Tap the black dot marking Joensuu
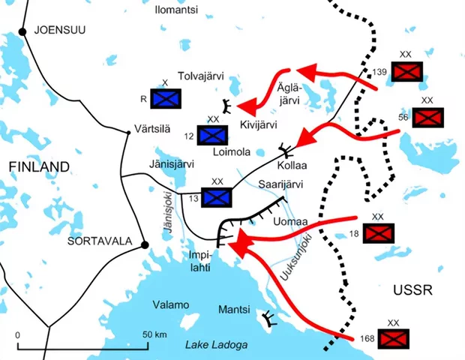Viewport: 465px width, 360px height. point(23,31)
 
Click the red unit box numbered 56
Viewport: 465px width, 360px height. point(428,117)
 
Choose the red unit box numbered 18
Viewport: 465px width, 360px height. point(378,233)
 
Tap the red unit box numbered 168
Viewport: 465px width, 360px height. point(394,338)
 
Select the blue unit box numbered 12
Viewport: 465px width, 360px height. point(214,134)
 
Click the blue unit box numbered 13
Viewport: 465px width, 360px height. point(217,196)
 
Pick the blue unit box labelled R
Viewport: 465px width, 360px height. point(166,98)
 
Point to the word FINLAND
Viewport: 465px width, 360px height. point(39,166)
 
